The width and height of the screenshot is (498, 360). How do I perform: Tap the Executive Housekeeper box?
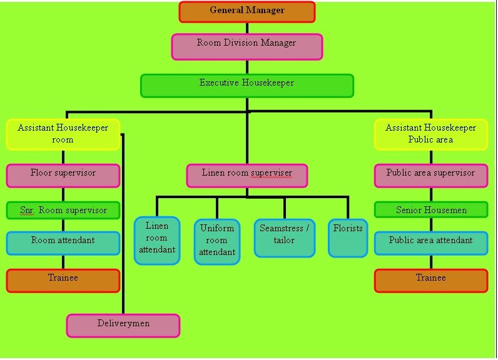pos(247,86)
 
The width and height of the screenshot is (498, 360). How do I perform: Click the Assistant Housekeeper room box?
pos(63,134)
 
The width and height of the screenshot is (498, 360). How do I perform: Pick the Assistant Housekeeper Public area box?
pos(430,134)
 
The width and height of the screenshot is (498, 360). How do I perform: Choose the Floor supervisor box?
pos(63,176)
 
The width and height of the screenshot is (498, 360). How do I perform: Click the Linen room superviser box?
pos(247,176)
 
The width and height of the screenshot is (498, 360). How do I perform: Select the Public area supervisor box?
pos(430,176)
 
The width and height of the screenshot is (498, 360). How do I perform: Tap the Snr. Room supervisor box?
pos(63,210)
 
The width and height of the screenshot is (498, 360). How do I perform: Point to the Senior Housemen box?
pos(430,210)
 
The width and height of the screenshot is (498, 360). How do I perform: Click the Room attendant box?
pos(63,243)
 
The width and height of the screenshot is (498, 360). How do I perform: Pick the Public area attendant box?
pos(430,243)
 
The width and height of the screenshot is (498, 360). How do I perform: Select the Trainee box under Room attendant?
pos(63,281)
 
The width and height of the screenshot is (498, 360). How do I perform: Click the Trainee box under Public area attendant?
pos(430,281)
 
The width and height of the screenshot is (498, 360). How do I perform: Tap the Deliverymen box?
pos(123,326)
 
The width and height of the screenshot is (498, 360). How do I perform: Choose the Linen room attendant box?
pos(157,241)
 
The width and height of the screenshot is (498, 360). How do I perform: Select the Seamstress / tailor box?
pos(285,237)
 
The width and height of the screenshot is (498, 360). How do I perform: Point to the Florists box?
pos(348,237)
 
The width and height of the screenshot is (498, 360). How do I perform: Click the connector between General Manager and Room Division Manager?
pos(247,28)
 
